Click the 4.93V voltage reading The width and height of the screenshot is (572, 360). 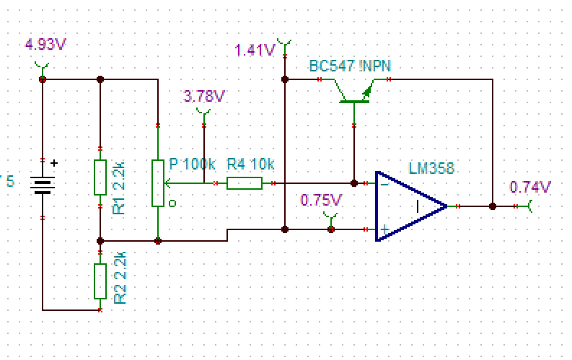(45, 44)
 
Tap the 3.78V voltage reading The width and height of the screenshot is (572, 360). (204, 96)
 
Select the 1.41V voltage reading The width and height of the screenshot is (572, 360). (255, 51)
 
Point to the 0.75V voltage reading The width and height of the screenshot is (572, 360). (321, 200)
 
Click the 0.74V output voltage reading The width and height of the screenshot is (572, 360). (530, 188)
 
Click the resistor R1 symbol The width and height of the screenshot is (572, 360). (100, 177)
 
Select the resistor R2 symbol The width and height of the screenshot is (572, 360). (100, 281)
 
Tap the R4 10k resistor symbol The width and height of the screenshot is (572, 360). (244, 183)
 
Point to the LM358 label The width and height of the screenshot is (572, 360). (431, 169)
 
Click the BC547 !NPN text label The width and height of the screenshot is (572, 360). (351, 66)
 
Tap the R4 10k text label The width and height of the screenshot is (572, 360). (250, 165)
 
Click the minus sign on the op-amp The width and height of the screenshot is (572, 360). (384, 184)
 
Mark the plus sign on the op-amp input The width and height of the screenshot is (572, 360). (385, 229)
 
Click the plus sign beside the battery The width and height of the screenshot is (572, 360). (54, 164)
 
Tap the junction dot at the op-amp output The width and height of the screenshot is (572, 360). (493, 206)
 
